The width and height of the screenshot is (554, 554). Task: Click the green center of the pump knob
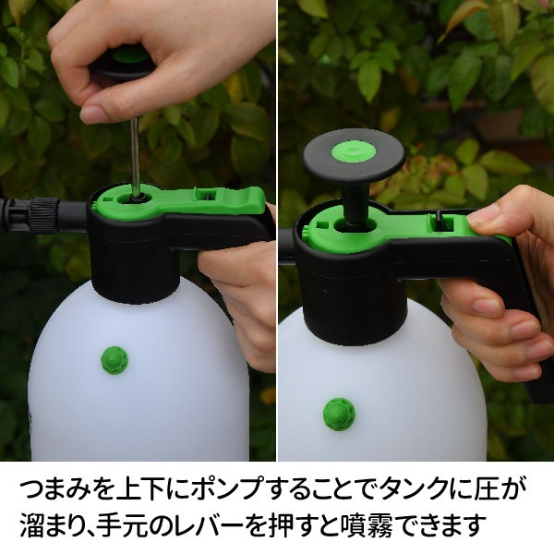click(355, 149)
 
